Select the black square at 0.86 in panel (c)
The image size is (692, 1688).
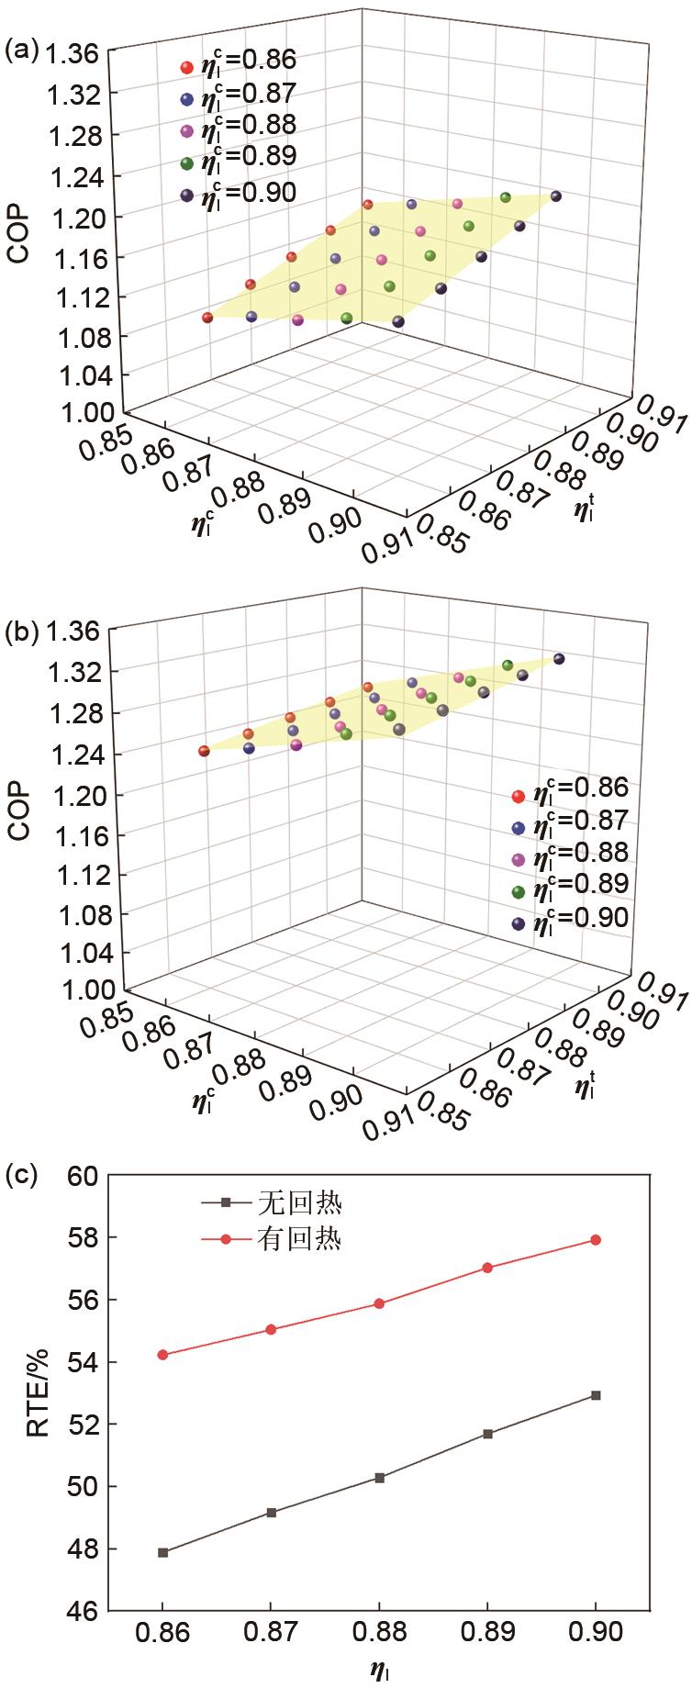point(163,1552)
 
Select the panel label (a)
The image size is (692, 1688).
point(20,50)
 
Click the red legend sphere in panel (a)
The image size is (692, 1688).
point(186,66)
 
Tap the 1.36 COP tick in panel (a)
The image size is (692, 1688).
point(78,55)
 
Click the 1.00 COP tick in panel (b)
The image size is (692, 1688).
point(78,989)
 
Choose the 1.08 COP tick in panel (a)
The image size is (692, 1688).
point(78,335)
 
